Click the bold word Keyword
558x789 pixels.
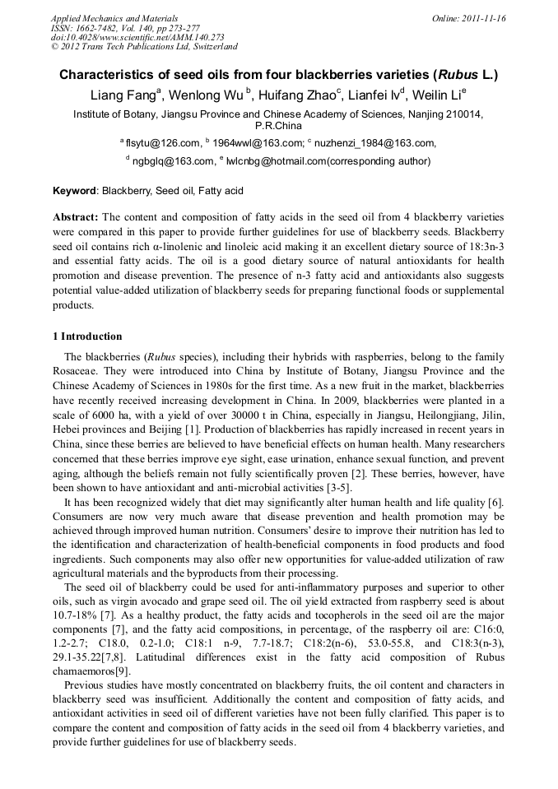[x=75, y=191]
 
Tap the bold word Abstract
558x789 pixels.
[x=76, y=217]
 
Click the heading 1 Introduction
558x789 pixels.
[x=88, y=336]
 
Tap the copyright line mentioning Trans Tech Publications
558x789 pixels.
[x=144, y=47]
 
